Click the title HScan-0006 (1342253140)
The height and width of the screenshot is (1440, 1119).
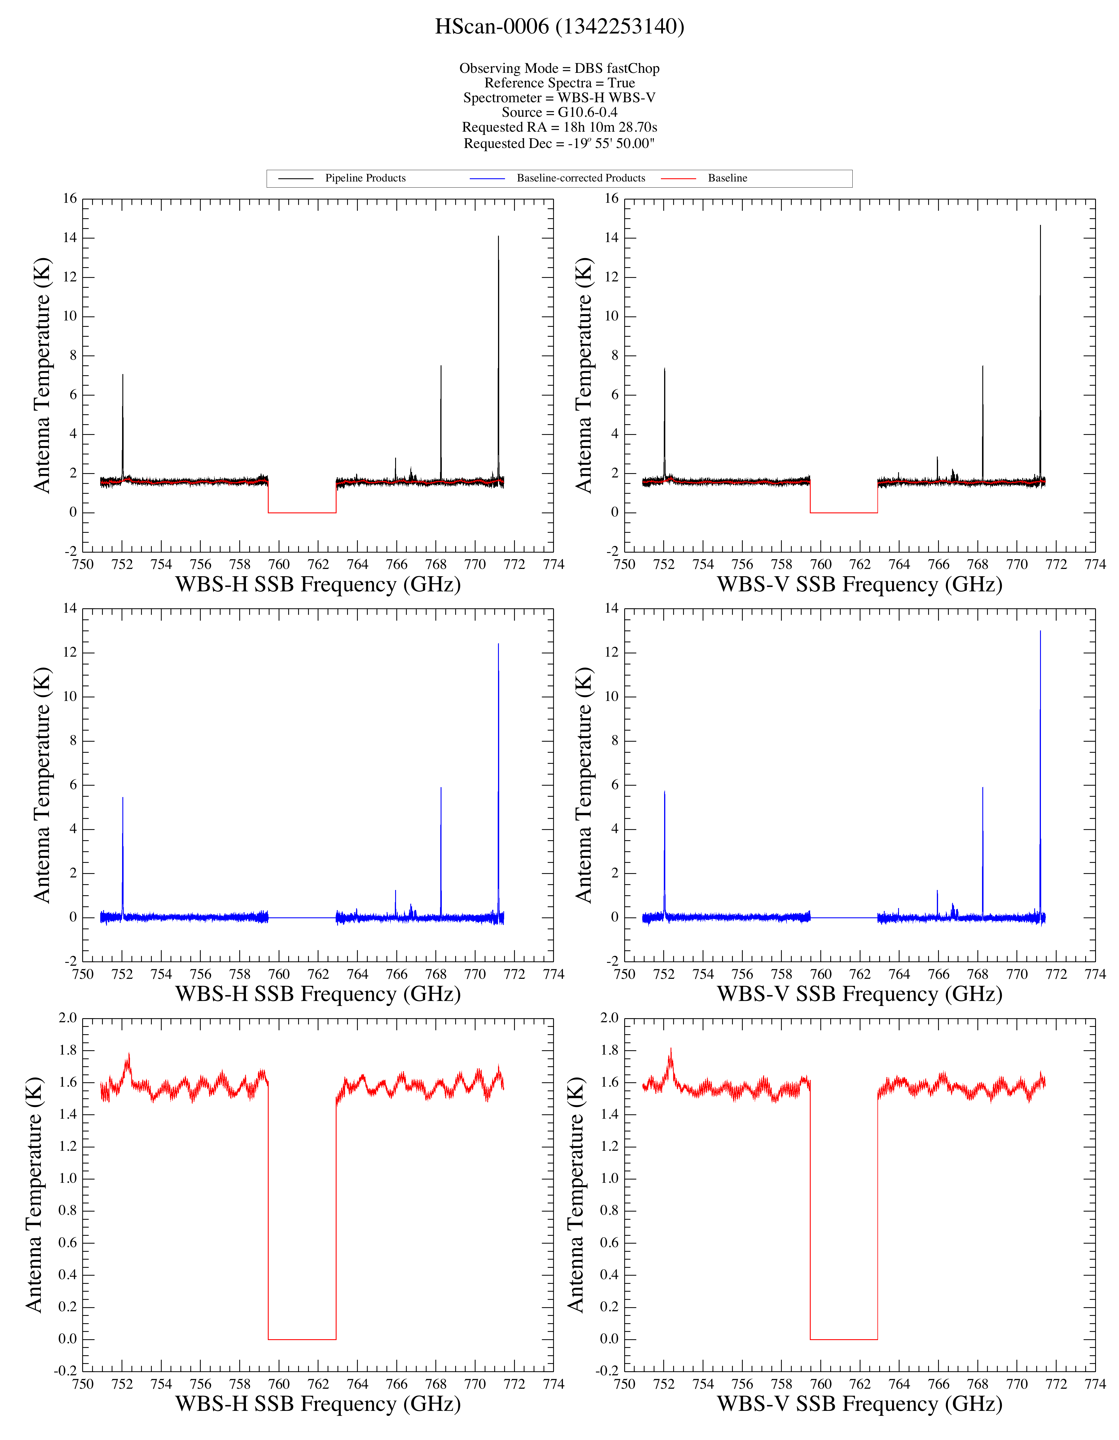(x=559, y=27)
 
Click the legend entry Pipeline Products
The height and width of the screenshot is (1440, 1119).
(x=365, y=178)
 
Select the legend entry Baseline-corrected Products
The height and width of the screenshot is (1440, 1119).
(x=581, y=178)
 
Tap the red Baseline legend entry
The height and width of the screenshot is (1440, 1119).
(x=727, y=178)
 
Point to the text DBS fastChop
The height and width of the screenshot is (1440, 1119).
(x=617, y=68)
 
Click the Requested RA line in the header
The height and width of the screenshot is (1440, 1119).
(x=559, y=127)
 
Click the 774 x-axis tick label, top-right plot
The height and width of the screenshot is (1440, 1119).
(x=1095, y=564)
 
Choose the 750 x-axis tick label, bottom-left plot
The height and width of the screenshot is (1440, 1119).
(x=83, y=1384)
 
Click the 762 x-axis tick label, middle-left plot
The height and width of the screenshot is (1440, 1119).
(x=319, y=974)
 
